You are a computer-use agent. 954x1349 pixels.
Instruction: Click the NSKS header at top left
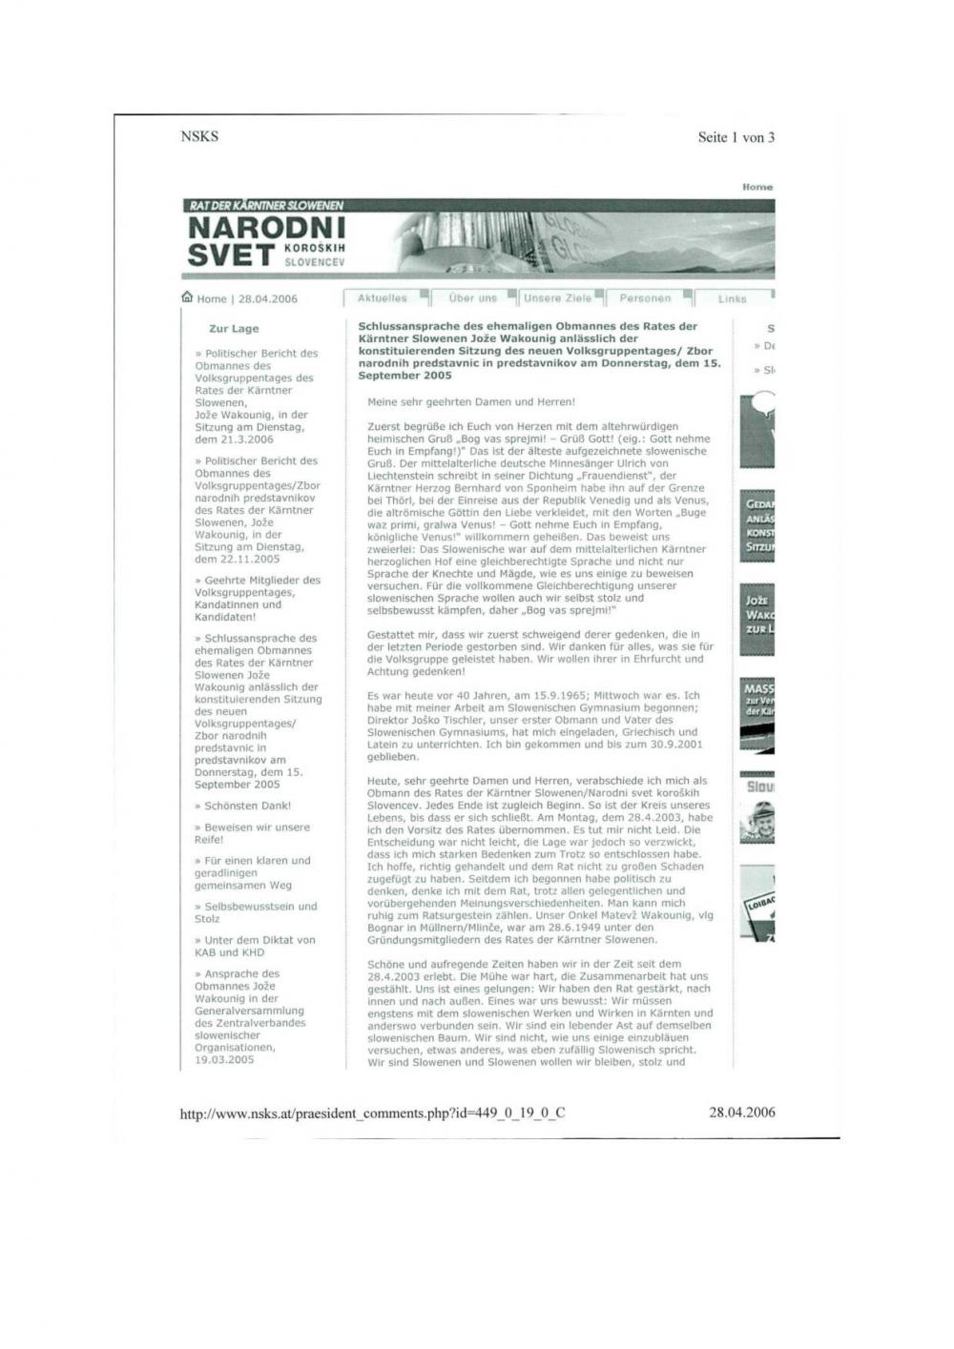pyautogui.click(x=199, y=136)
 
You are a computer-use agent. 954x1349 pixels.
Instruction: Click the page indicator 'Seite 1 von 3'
pyautogui.click(x=736, y=137)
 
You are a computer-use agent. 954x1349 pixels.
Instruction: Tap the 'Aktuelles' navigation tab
pyautogui.click(x=382, y=298)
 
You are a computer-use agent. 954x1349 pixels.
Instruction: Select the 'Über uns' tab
pyautogui.click(x=473, y=298)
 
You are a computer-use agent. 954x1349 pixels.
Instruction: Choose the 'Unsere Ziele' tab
pyautogui.click(x=557, y=298)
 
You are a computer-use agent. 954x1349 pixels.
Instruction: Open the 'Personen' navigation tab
pyautogui.click(x=645, y=298)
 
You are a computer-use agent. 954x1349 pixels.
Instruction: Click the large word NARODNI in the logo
pyautogui.click(x=267, y=229)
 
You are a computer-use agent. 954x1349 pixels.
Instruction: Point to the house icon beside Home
pyautogui.click(x=187, y=297)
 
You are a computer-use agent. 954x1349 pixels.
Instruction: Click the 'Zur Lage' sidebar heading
pyautogui.click(x=234, y=329)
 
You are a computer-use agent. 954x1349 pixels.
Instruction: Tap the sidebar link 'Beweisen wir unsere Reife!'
pyautogui.click(x=252, y=833)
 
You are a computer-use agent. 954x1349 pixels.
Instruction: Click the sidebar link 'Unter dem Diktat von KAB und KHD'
pyautogui.click(x=255, y=946)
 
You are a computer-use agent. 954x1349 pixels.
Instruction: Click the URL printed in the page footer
pyautogui.click(x=372, y=1113)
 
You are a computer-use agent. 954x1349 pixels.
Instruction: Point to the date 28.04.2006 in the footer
pyautogui.click(x=741, y=1112)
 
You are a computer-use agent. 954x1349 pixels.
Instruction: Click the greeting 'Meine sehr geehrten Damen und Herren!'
pyautogui.click(x=471, y=402)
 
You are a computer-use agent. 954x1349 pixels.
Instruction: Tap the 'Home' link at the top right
pyautogui.click(x=757, y=187)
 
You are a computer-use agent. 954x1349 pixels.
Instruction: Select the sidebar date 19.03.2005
pyautogui.click(x=224, y=1059)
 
